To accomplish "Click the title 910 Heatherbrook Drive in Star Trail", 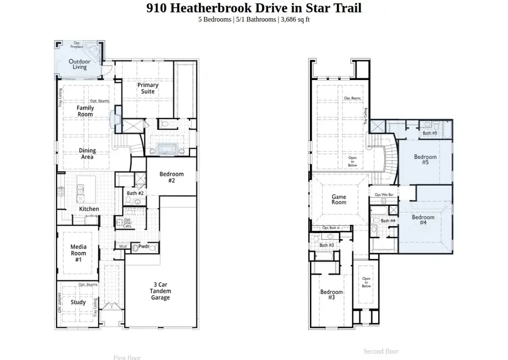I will point(253,8).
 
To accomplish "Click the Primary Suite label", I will point(148,88).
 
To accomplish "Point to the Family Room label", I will point(85,111).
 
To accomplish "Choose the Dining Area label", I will point(87,153).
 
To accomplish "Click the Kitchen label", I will point(89,209).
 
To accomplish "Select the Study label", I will point(78,302).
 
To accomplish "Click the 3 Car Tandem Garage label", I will point(160,291).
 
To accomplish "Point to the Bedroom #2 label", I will point(172,177).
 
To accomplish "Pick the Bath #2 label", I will point(135,194).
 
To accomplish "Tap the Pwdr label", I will point(143,247).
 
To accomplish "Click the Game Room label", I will point(339,200).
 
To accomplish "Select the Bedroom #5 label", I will point(425,160).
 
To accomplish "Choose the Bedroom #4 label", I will point(423,220).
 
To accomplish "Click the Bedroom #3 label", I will point(331,295).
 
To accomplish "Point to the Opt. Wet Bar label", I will point(384,195).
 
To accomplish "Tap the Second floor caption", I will point(381,351).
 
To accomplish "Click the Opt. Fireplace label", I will point(77,45).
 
